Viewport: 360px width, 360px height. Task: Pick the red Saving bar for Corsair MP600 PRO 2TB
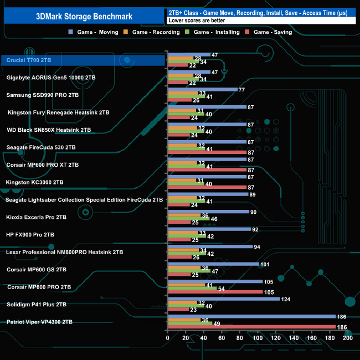(x=215, y=292)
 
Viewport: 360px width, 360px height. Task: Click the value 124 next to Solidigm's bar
(x=286, y=299)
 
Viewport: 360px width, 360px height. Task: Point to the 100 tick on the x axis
(x=258, y=338)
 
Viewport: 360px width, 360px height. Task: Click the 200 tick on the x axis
(x=348, y=338)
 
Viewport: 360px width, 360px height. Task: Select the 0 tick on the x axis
(x=168, y=338)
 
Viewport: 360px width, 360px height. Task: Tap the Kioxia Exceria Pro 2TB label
(x=36, y=217)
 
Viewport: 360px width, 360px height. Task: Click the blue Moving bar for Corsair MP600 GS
(x=213, y=264)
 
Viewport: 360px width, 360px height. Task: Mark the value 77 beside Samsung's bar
(x=241, y=90)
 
